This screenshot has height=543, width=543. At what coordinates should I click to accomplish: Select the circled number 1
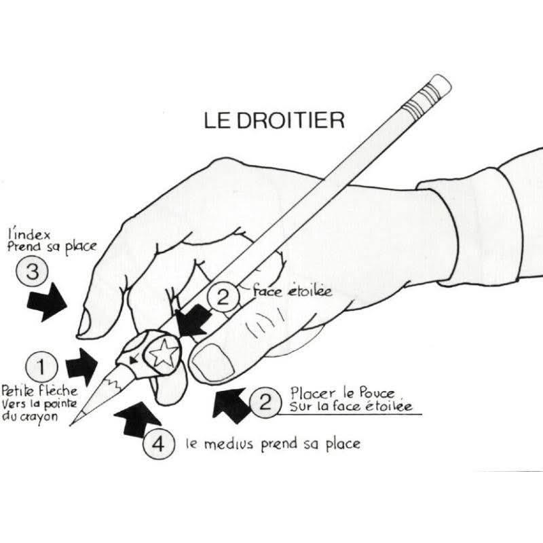coord(41,367)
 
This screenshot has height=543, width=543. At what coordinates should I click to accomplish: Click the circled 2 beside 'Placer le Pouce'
coord(265,402)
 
